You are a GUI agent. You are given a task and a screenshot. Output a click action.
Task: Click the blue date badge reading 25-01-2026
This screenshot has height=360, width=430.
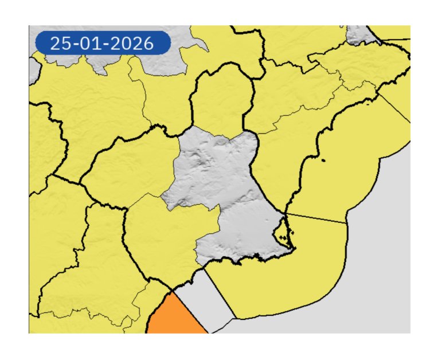point(103,43)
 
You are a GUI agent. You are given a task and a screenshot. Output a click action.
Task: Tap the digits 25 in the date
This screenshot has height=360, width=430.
point(58,44)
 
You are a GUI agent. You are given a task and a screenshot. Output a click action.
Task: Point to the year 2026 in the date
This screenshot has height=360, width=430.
point(133,44)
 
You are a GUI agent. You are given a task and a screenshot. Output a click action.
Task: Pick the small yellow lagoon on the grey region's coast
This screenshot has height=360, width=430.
point(282,232)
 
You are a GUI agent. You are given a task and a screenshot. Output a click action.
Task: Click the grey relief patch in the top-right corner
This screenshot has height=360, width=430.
point(360,34)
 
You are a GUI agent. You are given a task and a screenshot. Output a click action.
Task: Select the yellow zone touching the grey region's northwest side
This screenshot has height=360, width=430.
point(135,166)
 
